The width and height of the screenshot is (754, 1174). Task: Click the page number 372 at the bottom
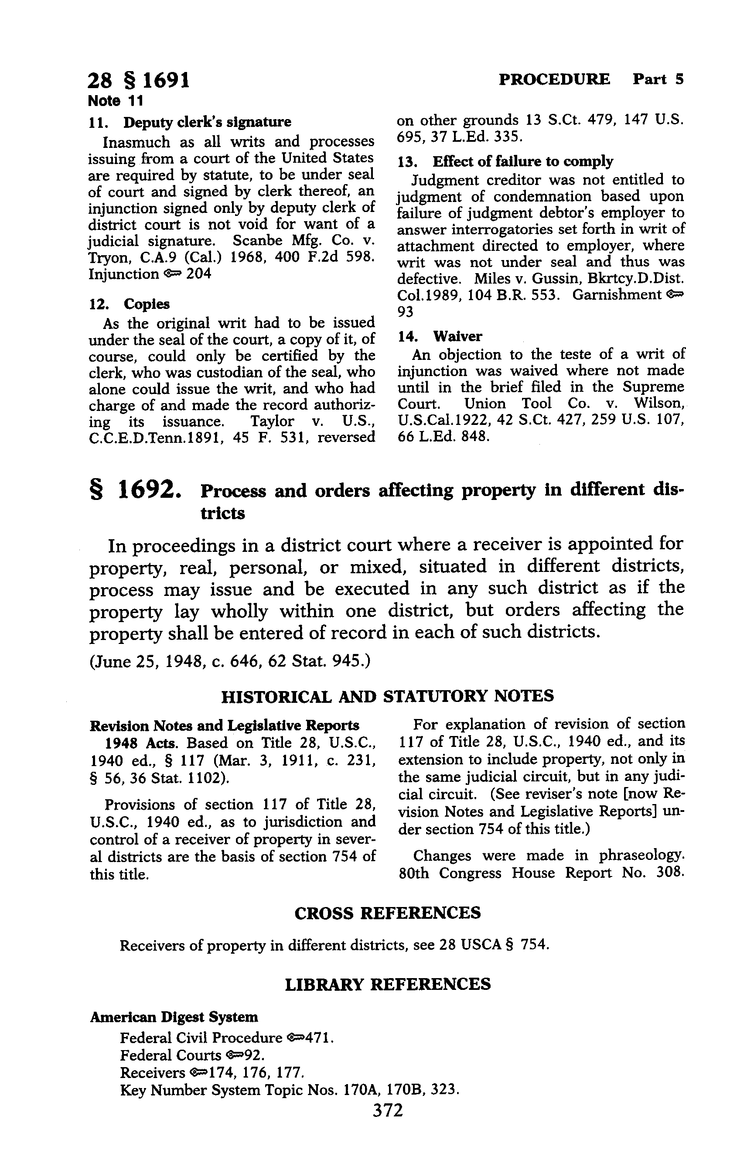pos(388,1109)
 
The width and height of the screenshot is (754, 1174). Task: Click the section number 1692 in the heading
pos(145,490)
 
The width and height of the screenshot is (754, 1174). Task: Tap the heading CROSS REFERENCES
pos(387,913)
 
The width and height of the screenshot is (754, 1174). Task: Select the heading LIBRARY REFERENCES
pos(387,984)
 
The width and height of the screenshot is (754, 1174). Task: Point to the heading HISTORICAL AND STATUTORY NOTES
pos(387,696)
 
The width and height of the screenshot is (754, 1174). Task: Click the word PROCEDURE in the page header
pos(554,79)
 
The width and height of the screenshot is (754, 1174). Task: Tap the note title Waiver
pos(457,336)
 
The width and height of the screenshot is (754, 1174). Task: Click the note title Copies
pos(147,304)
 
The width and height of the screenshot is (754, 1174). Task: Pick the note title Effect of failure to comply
pos(522,161)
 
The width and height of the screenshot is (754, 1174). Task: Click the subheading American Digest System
pos(174,1017)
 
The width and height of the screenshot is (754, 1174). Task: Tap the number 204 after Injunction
pos(199,274)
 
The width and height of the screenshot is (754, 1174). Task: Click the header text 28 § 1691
pos(139,80)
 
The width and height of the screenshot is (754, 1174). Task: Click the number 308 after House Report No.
pos(669,873)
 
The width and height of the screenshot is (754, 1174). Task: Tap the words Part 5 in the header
pos(658,79)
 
